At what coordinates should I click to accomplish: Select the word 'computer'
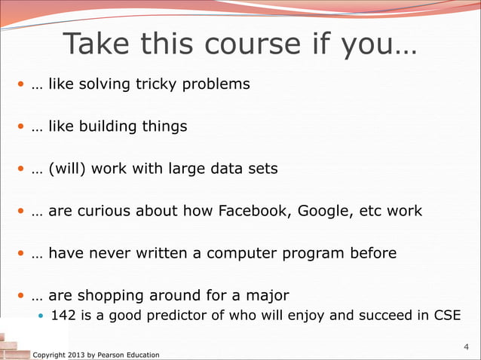240,253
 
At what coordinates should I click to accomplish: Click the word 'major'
270,295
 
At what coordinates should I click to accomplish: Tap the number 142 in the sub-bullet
62,314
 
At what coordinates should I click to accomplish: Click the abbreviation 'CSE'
444,314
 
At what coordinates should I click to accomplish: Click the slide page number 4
465,347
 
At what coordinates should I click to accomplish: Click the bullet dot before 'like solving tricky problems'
21,84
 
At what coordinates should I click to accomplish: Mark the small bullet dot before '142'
41,315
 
